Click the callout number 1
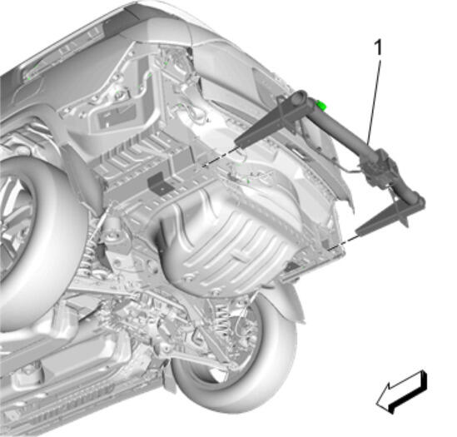tap(378, 47)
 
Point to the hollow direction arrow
tap(401, 392)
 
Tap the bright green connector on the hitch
tap(321, 105)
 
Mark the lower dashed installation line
tap(342, 242)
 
